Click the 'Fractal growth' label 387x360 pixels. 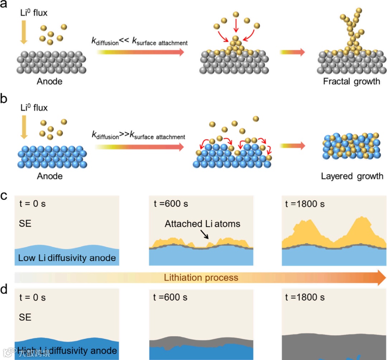pyautogui.click(x=352, y=81)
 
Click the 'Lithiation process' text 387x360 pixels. pyautogui.click(x=201, y=278)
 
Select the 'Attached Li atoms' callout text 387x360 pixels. pyautogui.click(x=202, y=224)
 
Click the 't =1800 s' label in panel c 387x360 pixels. pyautogui.click(x=305, y=204)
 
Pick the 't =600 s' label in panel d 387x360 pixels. pyautogui.click(x=171, y=297)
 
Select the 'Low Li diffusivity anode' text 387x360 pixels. pyautogui.click(x=67, y=258)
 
